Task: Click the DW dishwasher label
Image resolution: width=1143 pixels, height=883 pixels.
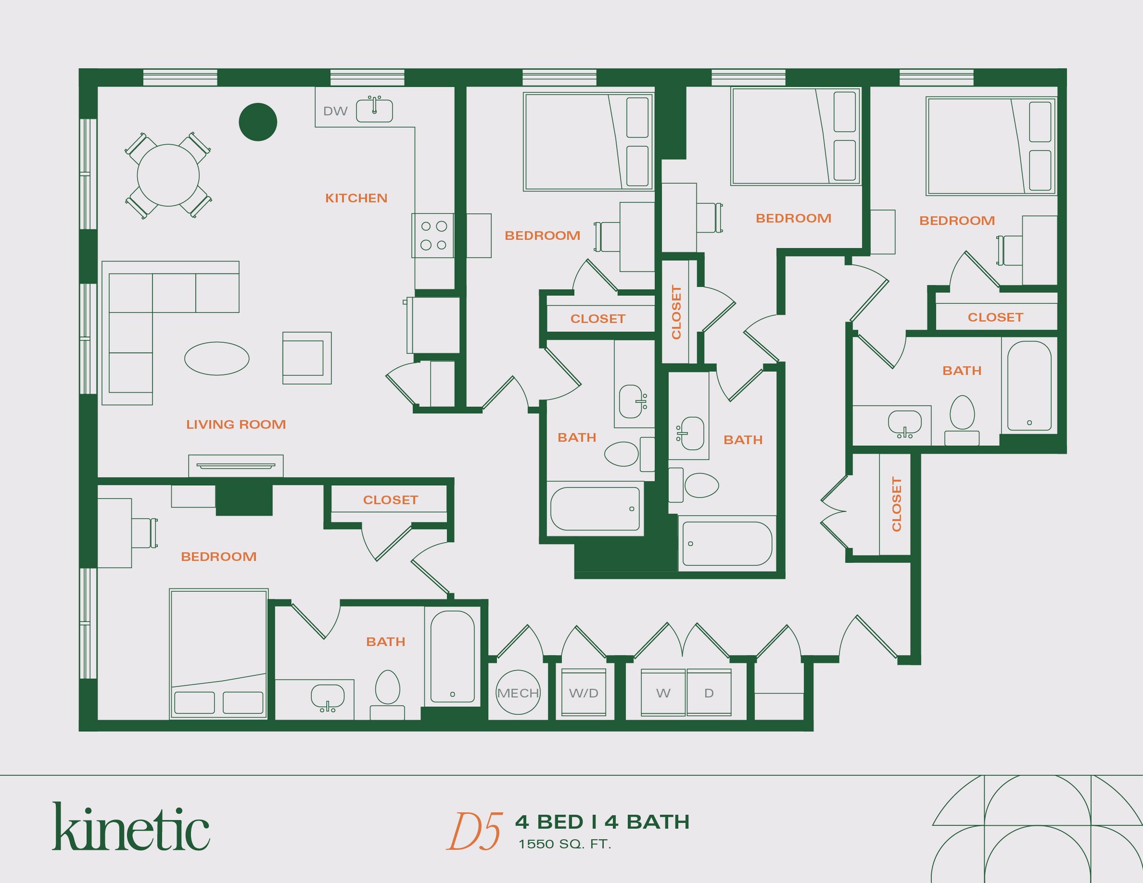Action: point(335,111)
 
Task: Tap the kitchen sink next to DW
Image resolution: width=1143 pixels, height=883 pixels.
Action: point(374,110)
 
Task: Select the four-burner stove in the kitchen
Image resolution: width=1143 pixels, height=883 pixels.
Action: point(433,235)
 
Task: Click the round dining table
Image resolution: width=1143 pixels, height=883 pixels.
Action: point(168,175)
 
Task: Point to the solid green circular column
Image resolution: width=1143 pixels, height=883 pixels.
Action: point(258,122)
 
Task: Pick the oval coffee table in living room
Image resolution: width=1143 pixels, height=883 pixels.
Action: point(217,358)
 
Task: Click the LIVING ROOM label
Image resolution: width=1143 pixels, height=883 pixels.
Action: point(236,424)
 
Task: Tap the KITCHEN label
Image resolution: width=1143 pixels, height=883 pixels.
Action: point(356,198)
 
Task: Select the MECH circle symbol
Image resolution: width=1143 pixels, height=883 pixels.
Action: point(518,692)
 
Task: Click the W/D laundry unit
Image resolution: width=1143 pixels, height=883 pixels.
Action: point(583,692)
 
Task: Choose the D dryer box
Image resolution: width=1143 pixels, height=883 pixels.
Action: point(709,692)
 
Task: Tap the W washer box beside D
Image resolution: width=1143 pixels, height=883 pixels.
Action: point(663,692)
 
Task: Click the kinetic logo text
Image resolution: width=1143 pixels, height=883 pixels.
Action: point(131,828)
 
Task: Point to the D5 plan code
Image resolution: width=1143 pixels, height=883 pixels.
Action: point(474,832)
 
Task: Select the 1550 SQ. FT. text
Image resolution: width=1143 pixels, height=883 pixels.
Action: point(565,845)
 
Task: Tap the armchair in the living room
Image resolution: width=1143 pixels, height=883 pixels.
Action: point(306,358)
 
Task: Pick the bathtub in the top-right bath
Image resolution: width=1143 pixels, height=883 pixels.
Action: point(1029,386)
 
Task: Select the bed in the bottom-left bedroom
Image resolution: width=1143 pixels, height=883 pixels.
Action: point(218,653)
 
